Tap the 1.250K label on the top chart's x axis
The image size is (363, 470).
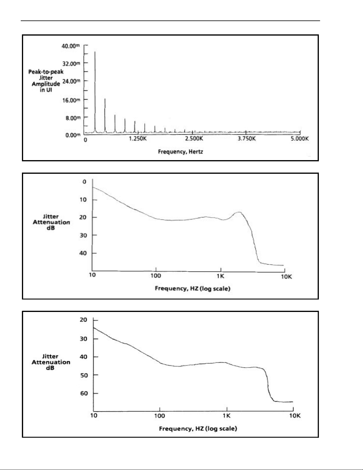(138, 139)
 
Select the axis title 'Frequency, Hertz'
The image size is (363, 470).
(180, 152)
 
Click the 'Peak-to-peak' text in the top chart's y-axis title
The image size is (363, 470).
(46, 72)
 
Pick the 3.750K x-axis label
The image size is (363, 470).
(247, 139)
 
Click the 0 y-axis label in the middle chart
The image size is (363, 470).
(84, 182)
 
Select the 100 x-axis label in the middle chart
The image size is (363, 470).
(156, 276)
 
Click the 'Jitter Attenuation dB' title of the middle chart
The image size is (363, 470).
(51, 222)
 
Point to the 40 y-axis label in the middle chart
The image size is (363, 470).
(83, 253)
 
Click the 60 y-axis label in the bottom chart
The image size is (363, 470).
(84, 393)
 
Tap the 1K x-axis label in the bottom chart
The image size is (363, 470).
(226, 416)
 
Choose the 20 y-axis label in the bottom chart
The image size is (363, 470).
(84, 320)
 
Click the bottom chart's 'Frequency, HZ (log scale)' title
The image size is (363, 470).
(198, 428)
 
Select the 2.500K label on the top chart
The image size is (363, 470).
(194, 139)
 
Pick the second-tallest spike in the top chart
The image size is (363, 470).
(105, 99)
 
